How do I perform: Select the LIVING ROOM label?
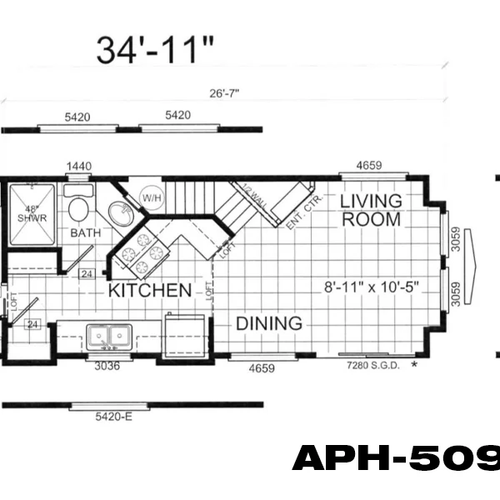point(370,210)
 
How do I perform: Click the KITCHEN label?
point(148,291)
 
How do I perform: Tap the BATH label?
point(85,232)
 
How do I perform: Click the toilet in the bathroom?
point(80,207)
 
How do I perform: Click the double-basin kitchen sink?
point(109,337)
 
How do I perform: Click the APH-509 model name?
point(396,458)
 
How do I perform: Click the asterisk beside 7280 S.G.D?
point(414,365)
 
